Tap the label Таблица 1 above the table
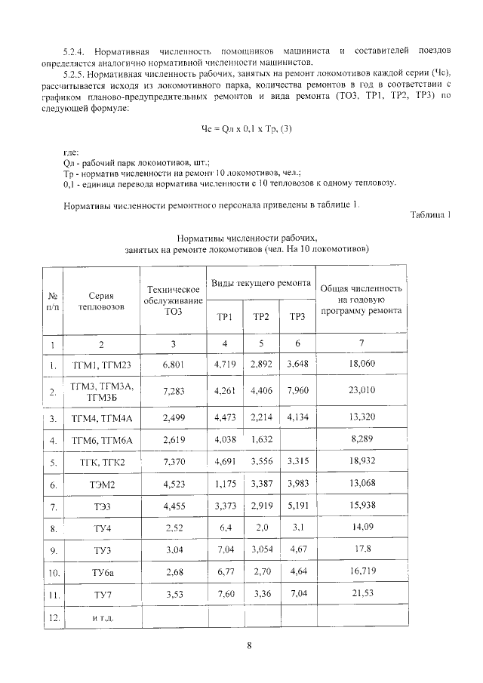pos(430,215)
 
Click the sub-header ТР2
pos(261,316)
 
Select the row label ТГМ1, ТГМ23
pos(100,365)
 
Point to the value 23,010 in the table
pos(361,391)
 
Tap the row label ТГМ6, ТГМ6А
pos(100,440)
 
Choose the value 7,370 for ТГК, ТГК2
pos(173,463)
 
